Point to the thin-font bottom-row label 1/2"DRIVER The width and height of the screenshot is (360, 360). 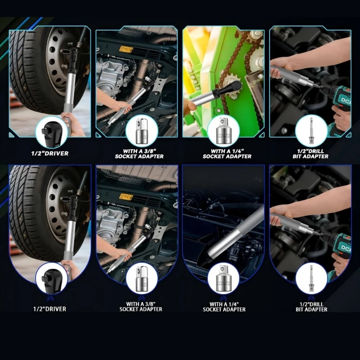(50, 309)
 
